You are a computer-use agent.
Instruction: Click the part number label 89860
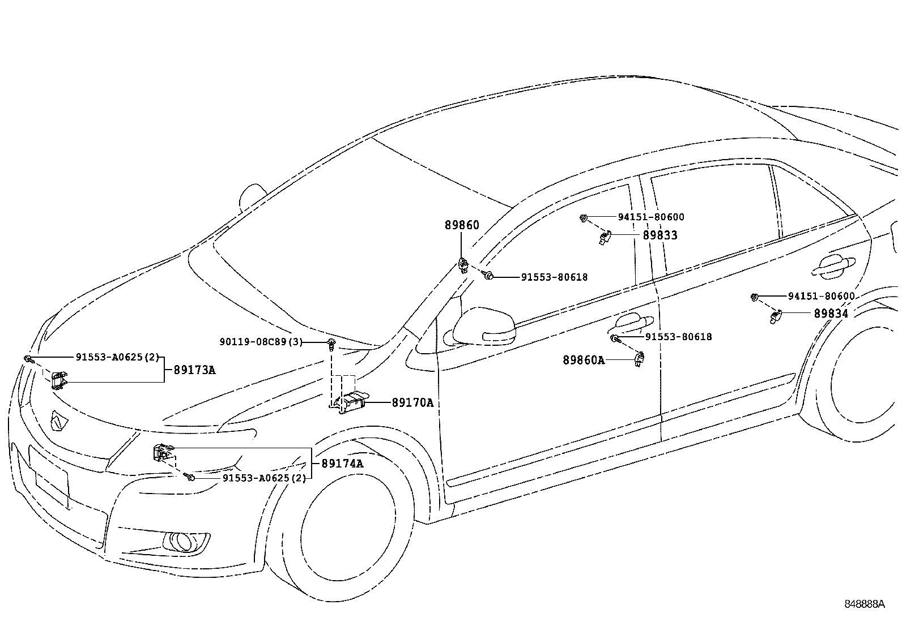point(461,225)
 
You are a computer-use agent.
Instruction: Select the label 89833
point(660,235)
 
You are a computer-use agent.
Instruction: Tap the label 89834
point(831,314)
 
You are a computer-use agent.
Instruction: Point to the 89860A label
point(583,360)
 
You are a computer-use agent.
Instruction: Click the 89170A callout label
point(412,403)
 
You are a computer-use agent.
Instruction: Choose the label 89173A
point(194,371)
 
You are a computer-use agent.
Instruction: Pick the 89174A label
point(342,464)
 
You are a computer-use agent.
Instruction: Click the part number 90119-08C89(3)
point(261,342)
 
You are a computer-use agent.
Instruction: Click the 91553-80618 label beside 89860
point(554,277)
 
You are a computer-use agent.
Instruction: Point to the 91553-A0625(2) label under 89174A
point(263,478)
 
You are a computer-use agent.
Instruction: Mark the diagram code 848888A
point(864,604)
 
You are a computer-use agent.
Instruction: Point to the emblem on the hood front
point(59,420)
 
